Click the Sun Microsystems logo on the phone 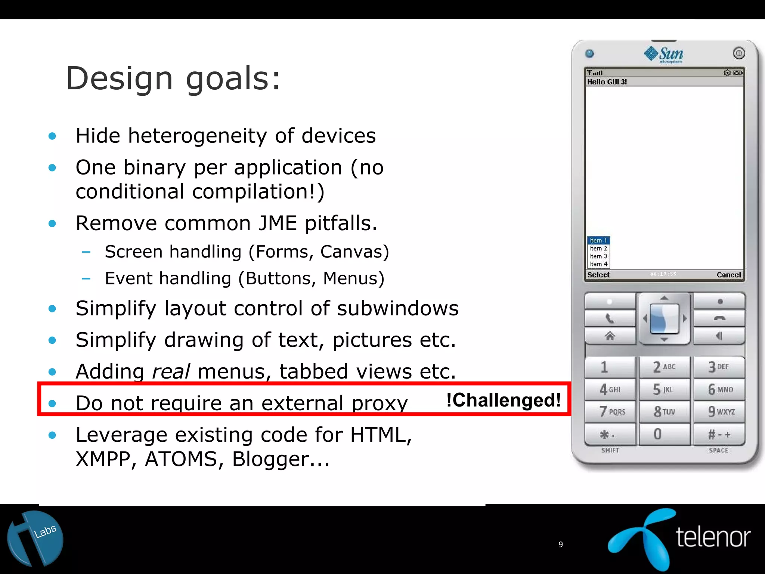click(x=664, y=55)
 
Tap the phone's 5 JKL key click(x=664, y=389)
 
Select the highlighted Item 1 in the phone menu click(x=598, y=240)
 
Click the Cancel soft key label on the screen click(x=728, y=275)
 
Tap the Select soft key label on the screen click(x=598, y=275)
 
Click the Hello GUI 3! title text click(x=607, y=82)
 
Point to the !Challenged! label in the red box click(x=504, y=400)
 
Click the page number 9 click(x=560, y=544)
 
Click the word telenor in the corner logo click(x=713, y=537)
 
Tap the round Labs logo click(x=35, y=538)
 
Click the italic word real click(x=171, y=371)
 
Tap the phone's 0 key click(x=664, y=434)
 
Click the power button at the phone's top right click(x=738, y=53)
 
